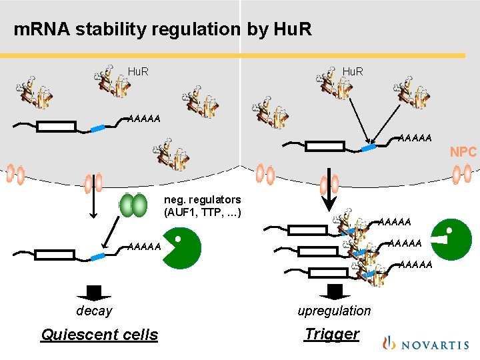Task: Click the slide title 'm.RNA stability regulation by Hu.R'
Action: (x=163, y=30)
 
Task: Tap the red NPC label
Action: (x=463, y=152)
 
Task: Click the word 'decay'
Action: (x=94, y=311)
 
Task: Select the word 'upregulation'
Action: (x=334, y=311)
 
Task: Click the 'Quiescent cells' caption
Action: (x=99, y=335)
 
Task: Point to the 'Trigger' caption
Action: (x=331, y=334)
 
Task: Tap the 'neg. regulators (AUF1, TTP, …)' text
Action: (x=202, y=206)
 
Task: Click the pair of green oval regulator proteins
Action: (x=135, y=205)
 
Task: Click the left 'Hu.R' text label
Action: (x=138, y=71)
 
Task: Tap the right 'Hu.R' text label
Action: (x=353, y=71)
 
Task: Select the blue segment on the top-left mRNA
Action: (x=98, y=127)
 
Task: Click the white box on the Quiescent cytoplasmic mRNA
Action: (x=55, y=254)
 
